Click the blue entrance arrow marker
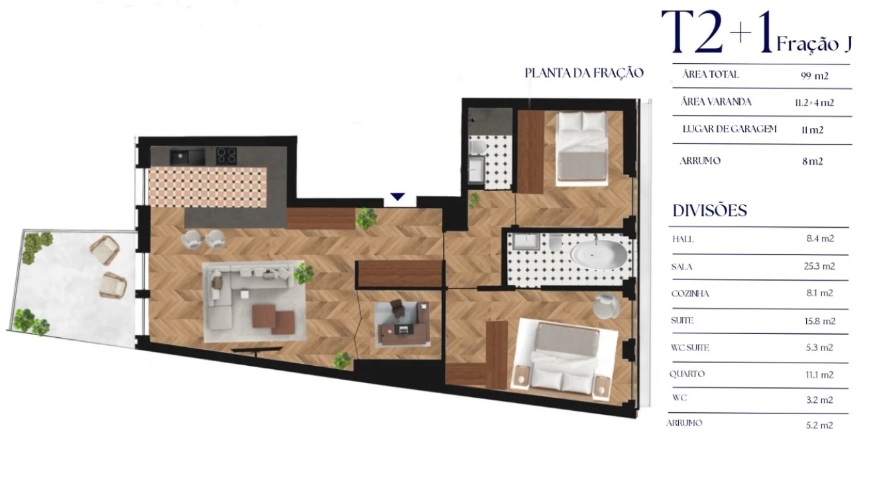pyautogui.click(x=397, y=197)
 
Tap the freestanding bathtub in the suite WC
pyautogui.click(x=598, y=254)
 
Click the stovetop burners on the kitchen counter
pyautogui.click(x=227, y=155)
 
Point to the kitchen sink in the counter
pyautogui.click(x=180, y=157)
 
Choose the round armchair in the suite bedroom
pyautogui.click(x=606, y=305)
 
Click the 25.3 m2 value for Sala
pyautogui.click(x=819, y=266)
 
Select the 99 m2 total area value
pyautogui.click(x=815, y=76)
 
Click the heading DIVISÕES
pyautogui.click(x=710, y=211)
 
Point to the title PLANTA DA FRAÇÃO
pyautogui.click(x=584, y=73)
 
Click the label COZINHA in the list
pyautogui.click(x=690, y=293)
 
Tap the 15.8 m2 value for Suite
pyautogui.click(x=819, y=321)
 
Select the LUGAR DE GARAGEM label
pyautogui.click(x=729, y=129)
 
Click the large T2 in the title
pyautogui.click(x=692, y=35)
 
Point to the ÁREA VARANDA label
pyautogui.click(x=715, y=102)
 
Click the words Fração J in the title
pyautogui.click(x=813, y=44)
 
